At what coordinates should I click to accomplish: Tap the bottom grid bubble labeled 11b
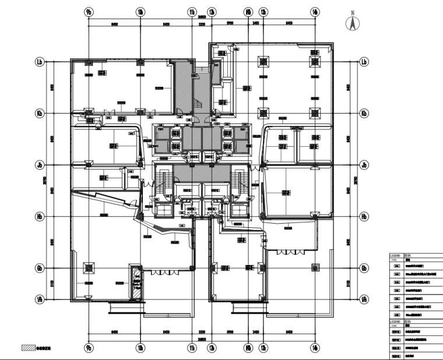(192, 348)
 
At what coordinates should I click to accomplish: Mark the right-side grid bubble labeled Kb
(364, 113)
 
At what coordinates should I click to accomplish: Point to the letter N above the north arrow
(352, 12)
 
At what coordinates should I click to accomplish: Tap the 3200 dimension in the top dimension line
(202, 24)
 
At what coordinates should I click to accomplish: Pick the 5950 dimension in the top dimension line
(230, 24)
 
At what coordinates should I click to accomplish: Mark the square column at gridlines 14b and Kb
(315, 113)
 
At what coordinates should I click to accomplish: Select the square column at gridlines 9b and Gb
(89, 268)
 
